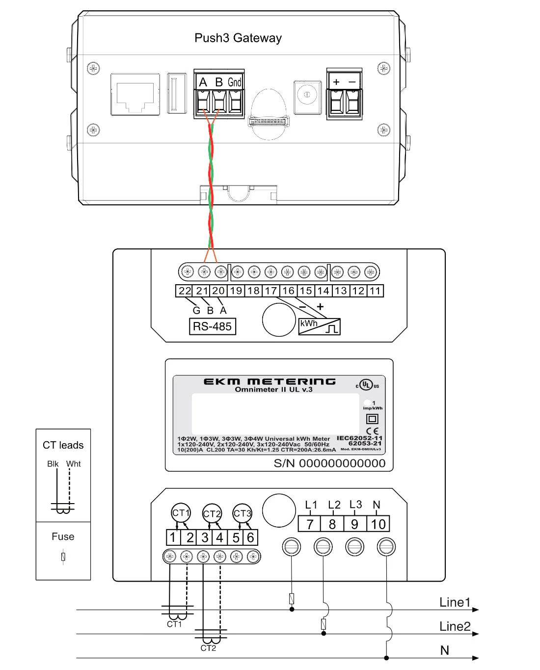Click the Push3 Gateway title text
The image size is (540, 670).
[238, 38]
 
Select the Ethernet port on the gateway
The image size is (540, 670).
[135, 94]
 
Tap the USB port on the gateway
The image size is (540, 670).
[177, 93]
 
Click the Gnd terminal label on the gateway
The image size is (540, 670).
[235, 82]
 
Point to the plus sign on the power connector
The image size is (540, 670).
[336, 82]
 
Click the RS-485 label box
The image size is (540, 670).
[212, 326]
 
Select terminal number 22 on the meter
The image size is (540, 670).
[185, 291]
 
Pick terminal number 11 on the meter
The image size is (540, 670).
[376, 291]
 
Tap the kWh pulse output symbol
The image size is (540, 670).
[319, 326]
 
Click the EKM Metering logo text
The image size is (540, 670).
[270, 381]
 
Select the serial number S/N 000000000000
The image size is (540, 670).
[329, 463]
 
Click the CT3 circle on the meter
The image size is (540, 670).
[242, 513]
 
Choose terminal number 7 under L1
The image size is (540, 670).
[310, 524]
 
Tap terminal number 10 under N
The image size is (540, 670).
[378, 524]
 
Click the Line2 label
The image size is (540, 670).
[455, 626]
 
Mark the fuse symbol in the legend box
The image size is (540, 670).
[63, 557]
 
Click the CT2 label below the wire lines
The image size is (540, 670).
[208, 648]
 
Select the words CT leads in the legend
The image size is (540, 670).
[63, 445]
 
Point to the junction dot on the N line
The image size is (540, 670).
[387, 658]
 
